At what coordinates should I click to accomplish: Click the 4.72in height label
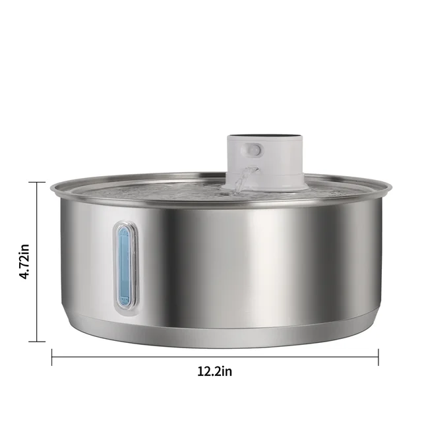pos(25,262)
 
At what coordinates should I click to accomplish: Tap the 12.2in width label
pos(215,371)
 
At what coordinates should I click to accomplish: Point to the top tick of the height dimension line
pos(36,183)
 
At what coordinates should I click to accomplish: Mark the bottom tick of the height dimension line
pos(36,341)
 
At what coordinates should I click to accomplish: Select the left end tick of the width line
pos(52,357)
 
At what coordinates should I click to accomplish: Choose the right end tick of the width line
pos(378,357)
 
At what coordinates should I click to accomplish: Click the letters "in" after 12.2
pos(226,371)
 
